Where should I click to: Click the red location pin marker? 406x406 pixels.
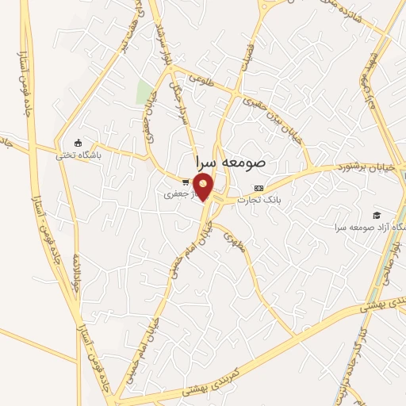click(x=204, y=187)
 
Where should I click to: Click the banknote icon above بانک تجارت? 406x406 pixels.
click(x=259, y=188)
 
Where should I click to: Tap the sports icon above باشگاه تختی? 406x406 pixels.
click(x=77, y=143)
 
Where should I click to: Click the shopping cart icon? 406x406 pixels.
click(x=185, y=182)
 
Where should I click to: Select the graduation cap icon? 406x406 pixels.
click(x=377, y=215)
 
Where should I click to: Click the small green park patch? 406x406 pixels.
click(x=144, y=92)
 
